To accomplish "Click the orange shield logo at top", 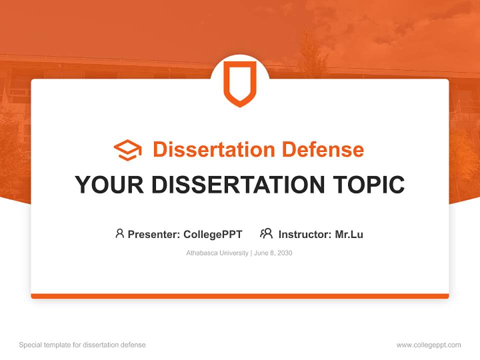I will coord(240,83).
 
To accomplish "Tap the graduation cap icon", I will coord(127,150).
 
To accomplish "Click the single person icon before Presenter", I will coord(119,233).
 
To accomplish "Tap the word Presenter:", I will coord(153,234).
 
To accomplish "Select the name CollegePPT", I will coord(213,234).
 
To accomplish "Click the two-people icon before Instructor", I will coord(266,233).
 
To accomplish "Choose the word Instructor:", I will coord(304,234).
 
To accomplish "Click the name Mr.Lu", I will coord(349,234).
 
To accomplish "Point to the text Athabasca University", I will coord(217,253).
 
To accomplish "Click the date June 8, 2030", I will coord(273,253).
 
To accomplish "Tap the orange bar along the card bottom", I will coord(240,296).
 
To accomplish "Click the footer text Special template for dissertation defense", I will coord(82,345).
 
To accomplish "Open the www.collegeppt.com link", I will coord(428,345).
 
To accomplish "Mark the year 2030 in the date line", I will coord(284,253).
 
